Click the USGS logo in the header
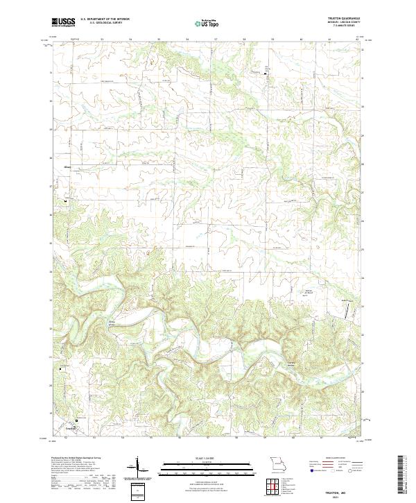point(63,22)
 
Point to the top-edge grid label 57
point(216,40)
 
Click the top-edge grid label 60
point(302,40)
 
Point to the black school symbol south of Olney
point(67,201)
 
